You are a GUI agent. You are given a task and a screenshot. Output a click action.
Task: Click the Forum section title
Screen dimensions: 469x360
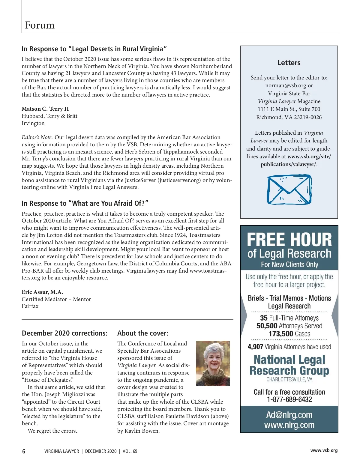coord(40,25)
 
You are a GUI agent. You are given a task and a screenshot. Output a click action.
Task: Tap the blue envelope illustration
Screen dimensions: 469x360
coord(289,190)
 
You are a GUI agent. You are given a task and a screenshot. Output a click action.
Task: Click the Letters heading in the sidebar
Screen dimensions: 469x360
coord(289,63)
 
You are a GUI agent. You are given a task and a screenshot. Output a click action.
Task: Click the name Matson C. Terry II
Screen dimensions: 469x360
coord(45,109)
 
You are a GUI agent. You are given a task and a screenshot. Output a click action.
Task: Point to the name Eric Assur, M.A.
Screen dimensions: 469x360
coord(42,292)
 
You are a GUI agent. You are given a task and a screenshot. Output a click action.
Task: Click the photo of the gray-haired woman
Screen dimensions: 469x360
coord(213,363)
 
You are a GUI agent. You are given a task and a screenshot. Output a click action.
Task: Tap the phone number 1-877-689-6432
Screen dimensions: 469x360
coord(289,399)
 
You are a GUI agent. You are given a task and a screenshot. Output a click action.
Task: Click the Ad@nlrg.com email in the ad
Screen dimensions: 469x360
coord(289,415)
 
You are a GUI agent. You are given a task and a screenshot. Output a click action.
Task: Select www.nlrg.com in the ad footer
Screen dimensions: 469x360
coord(289,425)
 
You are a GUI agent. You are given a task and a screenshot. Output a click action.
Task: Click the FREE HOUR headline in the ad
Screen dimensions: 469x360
coord(289,240)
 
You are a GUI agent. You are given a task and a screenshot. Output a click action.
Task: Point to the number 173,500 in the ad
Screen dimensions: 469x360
coord(281,334)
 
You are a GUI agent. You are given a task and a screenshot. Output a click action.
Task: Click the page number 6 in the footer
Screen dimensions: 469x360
coord(24,451)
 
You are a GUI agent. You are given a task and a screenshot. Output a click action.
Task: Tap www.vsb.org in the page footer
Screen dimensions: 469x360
coord(324,450)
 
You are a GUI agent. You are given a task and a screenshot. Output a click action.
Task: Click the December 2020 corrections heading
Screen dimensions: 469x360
coord(64,333)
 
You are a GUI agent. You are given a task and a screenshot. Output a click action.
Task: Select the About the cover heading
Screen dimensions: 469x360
coord(143,333)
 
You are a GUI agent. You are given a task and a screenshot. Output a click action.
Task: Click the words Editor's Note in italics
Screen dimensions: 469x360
coord(37,137)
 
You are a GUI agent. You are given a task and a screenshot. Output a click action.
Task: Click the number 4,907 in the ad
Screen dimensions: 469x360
coord(255,347)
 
